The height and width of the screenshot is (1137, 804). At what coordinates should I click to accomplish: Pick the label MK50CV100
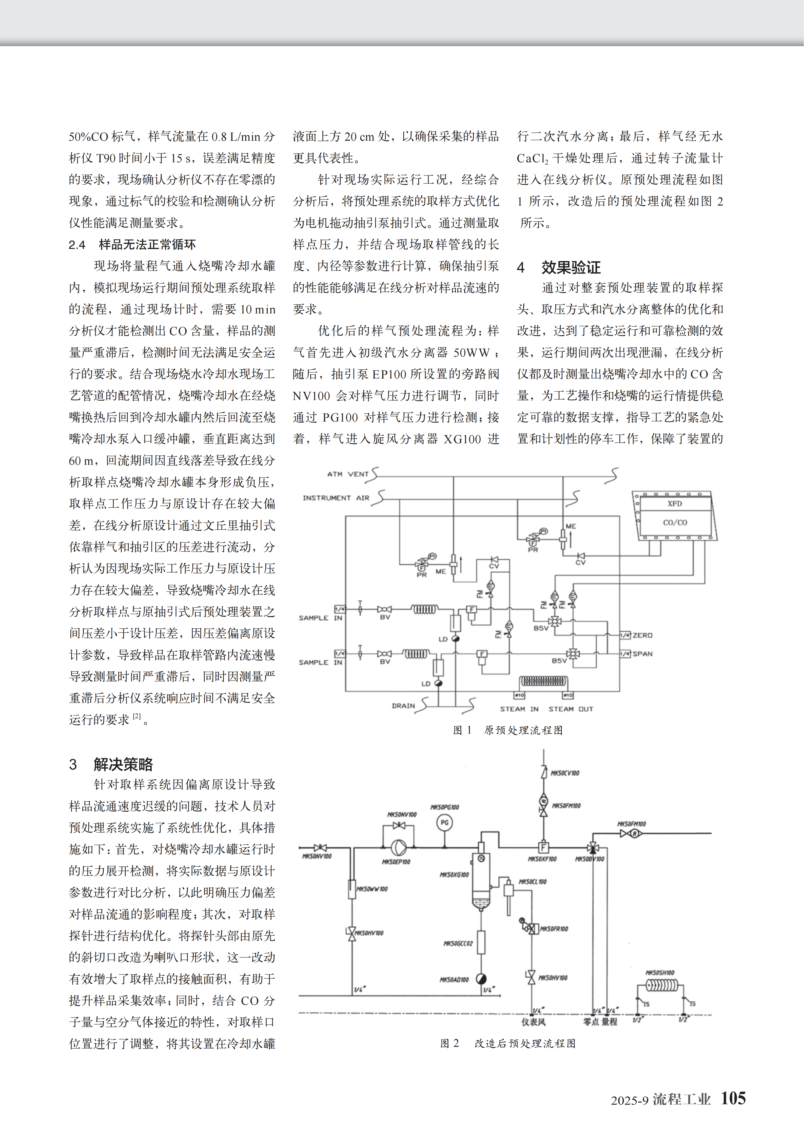coord(565,773)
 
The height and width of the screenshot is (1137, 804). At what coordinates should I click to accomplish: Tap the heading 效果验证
coord(571,267)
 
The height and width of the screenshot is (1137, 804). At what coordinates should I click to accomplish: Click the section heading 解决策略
coord(123,764)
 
